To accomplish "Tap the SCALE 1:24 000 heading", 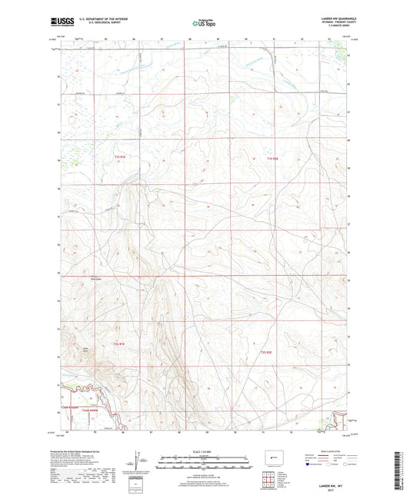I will pos(205,451).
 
